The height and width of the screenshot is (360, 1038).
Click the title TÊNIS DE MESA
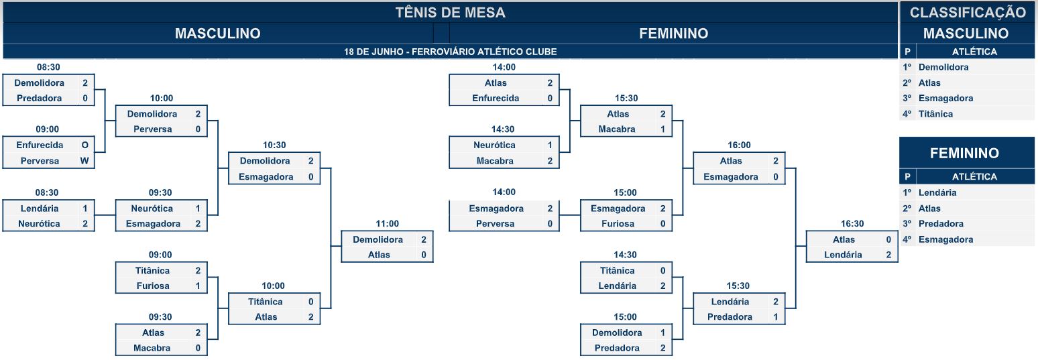point(450,12)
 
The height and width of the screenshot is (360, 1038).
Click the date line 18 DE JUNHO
point(450,52)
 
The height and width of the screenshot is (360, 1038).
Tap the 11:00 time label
point(387,224)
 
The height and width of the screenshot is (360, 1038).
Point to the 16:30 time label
point(852,224)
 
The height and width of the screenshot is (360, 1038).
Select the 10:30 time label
point(274,145)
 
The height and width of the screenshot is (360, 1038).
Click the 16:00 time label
point(739,145)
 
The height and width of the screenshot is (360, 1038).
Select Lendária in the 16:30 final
point(843,255)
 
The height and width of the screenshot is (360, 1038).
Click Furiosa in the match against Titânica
point(153,286)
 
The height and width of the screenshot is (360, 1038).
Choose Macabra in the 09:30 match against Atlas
point(152,348)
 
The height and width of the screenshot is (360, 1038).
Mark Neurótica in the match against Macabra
point(494,145)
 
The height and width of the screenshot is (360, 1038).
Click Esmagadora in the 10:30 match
point(266,177)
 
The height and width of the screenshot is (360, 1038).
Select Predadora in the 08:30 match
point(40,98)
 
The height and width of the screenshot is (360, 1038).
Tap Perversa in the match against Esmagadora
point(495,224)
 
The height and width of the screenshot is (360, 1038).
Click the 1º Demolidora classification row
point(966,67)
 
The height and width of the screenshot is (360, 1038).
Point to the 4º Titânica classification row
point(966,114)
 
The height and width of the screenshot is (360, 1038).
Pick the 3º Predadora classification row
point(966,224)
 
